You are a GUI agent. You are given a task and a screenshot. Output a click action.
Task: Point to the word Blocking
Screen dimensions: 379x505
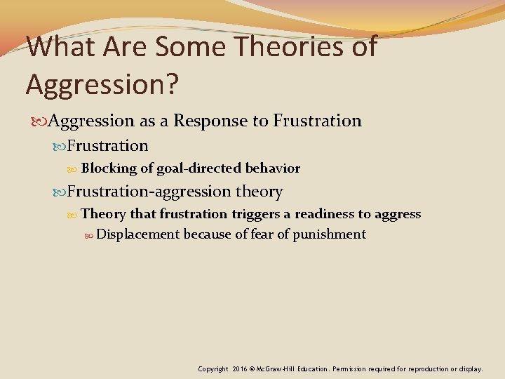(x=109, y=168)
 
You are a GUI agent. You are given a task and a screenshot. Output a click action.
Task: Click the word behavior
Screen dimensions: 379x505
(x=273, y=168)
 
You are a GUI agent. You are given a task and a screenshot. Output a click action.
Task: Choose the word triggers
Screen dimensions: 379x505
(x=261, y=214)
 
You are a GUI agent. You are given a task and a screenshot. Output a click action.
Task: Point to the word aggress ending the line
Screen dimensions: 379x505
(x=398, y=214)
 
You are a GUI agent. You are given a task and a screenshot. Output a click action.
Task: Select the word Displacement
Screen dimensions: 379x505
(x=138, y=234)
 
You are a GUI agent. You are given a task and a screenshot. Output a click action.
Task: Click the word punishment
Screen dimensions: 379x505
(x=328, y=234)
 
